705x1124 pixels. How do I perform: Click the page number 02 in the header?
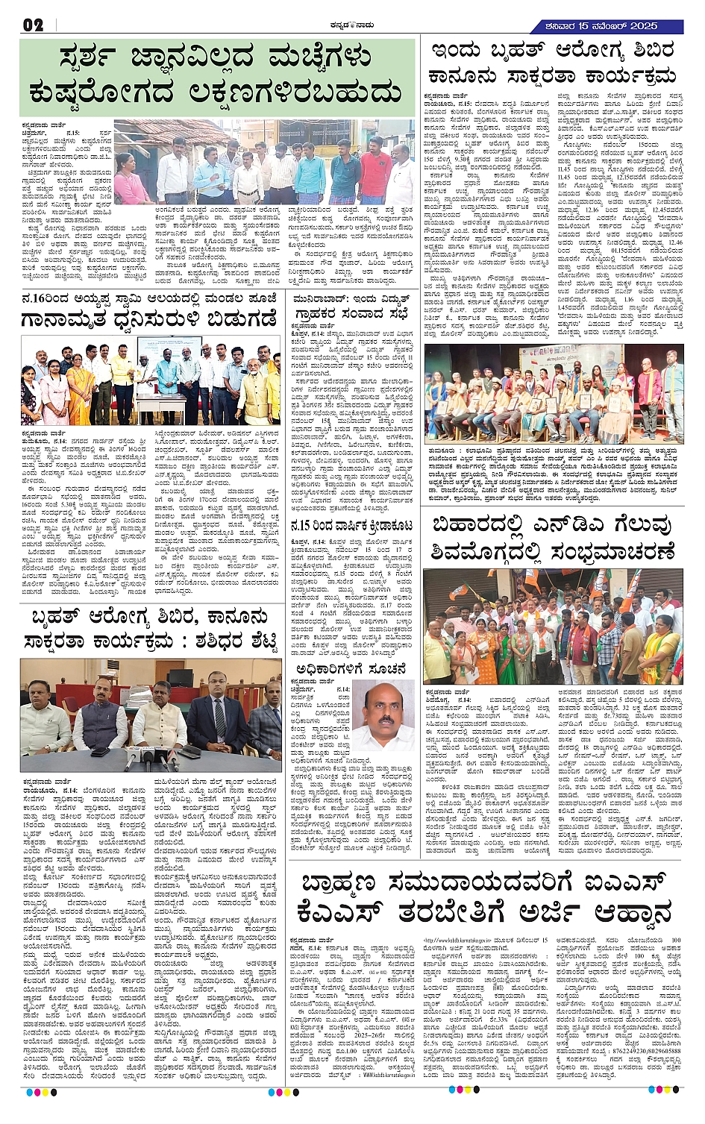[34, 25]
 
